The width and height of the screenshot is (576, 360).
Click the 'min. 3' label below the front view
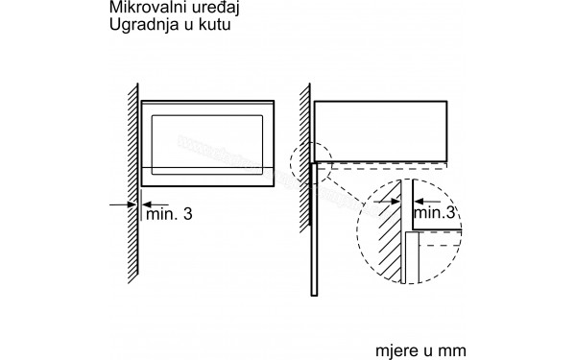pyautogui.click(x=168, y=214)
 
